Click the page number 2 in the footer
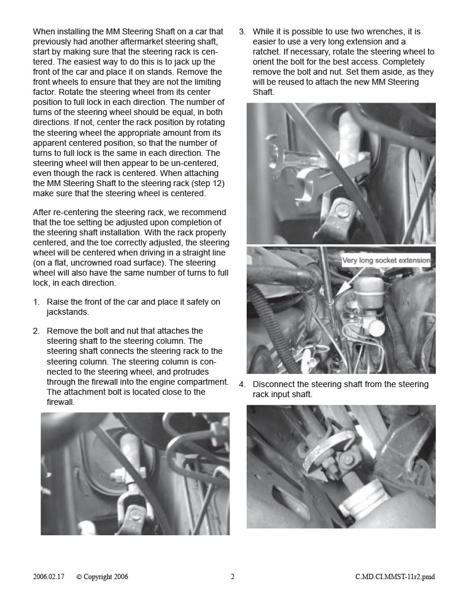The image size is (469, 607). tap(232, 577)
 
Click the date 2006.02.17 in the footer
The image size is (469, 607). tap(49, 577)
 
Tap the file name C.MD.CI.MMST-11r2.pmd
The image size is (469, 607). tap(395, 577)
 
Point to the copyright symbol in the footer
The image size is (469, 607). tap(79, 577)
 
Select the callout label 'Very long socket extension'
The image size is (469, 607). tap(386, 260)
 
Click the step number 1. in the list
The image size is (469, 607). tap(36, 302)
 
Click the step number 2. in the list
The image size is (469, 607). tap(36, 331)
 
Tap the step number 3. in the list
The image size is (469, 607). tap(243, 32)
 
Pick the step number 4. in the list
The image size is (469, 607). tap(243, 384)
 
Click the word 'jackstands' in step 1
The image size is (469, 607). tap(67, 312)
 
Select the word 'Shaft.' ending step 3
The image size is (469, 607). tap(263, 92)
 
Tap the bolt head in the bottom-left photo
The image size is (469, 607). tap(136, 515)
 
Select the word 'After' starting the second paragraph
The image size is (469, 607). tap(41, 213)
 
